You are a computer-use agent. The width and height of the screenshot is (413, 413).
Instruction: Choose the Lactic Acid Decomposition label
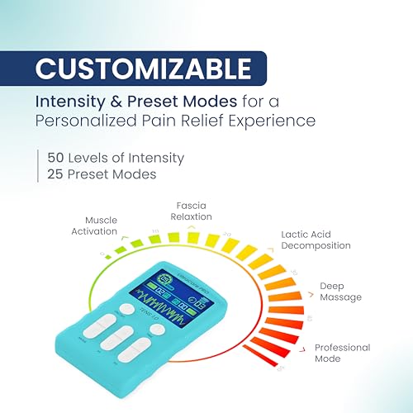[315, 240]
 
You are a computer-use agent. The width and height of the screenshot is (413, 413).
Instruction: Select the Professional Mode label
[343, 354]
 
